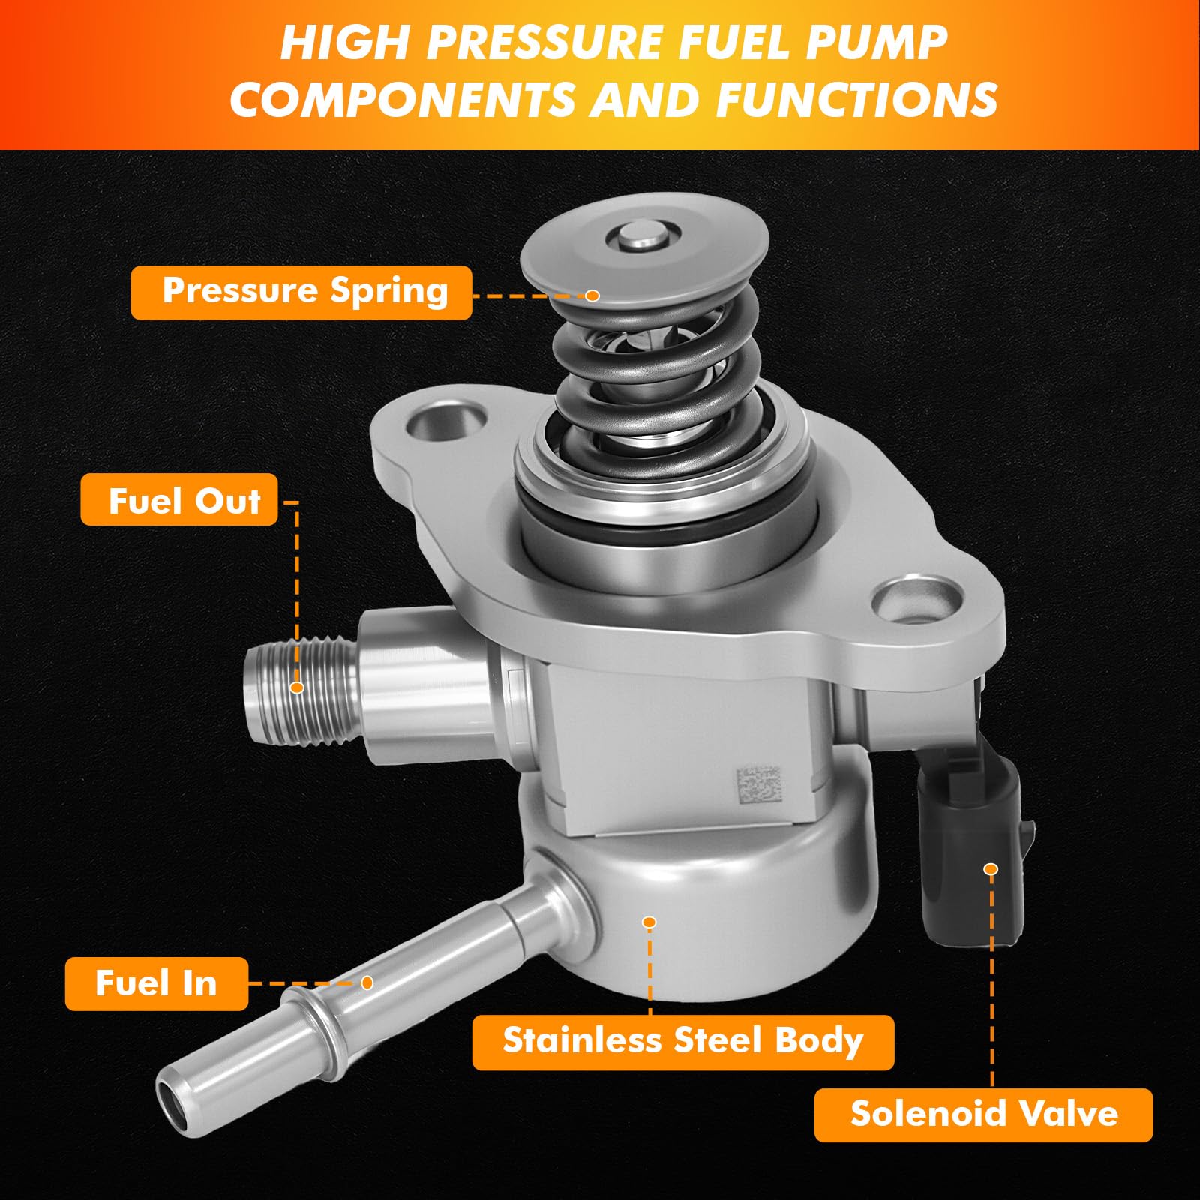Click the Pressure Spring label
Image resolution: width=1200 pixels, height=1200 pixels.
pos(301,292)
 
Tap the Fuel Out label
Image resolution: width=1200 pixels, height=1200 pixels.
pos(179,500)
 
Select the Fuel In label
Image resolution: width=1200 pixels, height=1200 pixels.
pos(156,983)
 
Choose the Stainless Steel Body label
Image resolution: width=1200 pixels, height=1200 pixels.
pos(683,1042)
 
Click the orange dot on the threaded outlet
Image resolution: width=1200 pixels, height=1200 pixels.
pos(297,687)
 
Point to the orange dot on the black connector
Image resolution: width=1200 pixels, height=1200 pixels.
pos(991,869)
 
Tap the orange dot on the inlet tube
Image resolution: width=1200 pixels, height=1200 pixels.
pos(367,982)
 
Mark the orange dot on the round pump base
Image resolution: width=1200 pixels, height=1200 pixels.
pos(649,922)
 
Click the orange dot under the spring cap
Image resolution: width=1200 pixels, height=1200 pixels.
pos(592,295)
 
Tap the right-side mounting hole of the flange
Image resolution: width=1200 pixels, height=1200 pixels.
pos(917,601)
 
